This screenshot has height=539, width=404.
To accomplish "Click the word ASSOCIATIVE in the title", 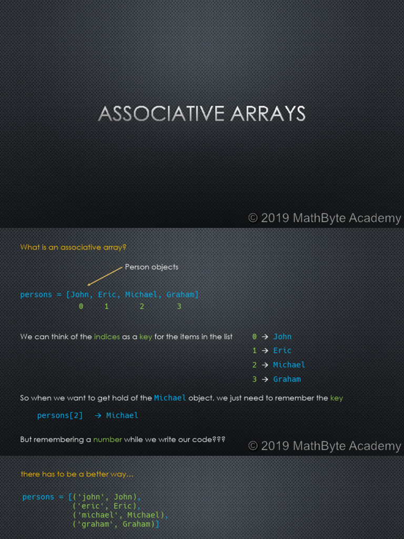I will [x=154, y=114].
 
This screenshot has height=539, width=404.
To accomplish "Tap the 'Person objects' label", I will [x=151, y=267].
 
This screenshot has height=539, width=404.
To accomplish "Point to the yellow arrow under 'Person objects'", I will [x=105, y=276].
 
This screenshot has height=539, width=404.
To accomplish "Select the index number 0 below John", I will [x=81, y=306].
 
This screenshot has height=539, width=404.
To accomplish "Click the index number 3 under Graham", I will [x=179, y=306].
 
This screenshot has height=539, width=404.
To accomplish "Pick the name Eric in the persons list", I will [x=107, y=295].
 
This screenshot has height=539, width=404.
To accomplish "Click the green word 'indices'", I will [x=107, y=337].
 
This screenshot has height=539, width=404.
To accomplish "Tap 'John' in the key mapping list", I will [x=282, y=337].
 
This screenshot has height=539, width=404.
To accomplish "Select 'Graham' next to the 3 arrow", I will [x=287, y=379].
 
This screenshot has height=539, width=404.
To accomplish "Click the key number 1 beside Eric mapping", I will [x=255, y=351].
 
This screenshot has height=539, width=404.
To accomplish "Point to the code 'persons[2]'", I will [x=60, y=415].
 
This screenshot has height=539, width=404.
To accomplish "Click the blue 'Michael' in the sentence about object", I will [x=170, y=398].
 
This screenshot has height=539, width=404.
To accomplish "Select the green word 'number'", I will [x=108, y=439].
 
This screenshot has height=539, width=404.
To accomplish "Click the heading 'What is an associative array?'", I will [x=73, y=247].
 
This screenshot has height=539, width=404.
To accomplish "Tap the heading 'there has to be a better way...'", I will [x=77, y=474].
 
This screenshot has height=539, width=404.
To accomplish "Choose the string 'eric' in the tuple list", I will [x=90, y=506].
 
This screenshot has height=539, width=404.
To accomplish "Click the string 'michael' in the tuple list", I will [x=96, y=515].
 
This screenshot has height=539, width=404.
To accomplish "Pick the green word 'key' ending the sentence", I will [x=336, y=398].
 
